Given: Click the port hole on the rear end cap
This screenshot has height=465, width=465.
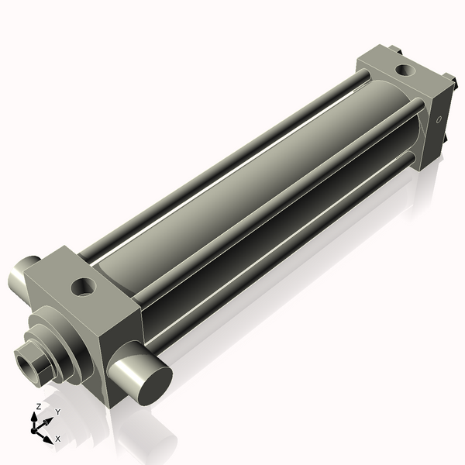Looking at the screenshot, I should [x=404, y=71].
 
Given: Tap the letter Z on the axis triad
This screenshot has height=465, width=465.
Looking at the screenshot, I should [x=38, y=406].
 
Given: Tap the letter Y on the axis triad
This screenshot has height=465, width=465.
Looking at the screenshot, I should [x=57, y=412].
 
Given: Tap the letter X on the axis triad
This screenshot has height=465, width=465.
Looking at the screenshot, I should [x=57, y=439].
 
